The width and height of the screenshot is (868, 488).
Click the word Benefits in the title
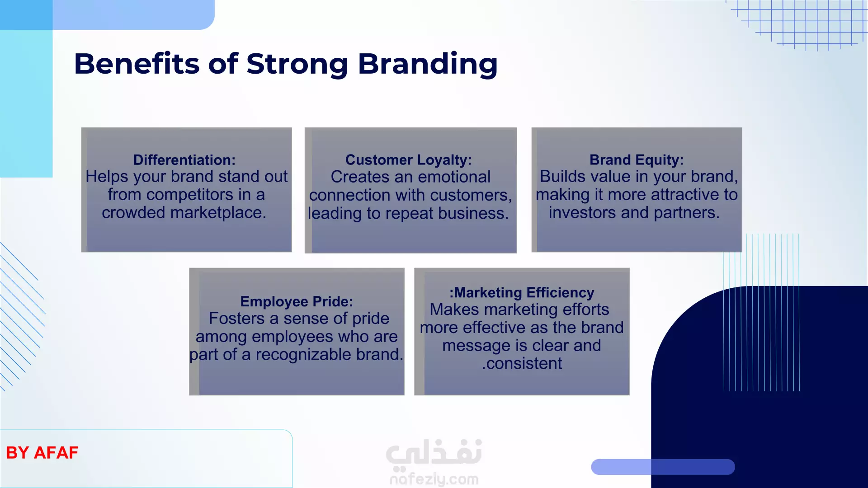coord(137,63)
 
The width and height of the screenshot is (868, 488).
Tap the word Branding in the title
coord(428,64)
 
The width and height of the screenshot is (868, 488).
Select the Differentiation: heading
coord(184,160)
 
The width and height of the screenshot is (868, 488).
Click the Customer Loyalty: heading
coord(409,160)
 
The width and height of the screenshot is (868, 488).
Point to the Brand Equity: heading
coord(637,160)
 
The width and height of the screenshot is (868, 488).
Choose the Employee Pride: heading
coord(297,301)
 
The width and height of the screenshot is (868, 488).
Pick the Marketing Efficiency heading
coord(522,293)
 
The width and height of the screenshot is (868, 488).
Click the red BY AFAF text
coord(42,452)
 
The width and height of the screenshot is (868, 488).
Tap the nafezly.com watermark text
coord(434,479)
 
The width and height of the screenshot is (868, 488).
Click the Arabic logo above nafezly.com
coord(434,453)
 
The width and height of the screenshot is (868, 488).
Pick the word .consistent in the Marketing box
coord(522,363)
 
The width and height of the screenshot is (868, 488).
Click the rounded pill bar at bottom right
coord(663,467)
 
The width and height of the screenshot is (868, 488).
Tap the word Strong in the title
coord(297,64)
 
